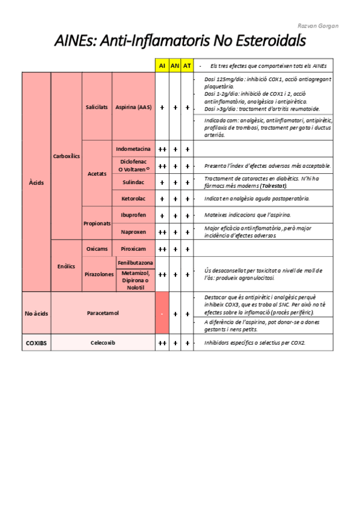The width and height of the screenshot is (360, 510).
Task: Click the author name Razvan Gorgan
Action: pos(318,26)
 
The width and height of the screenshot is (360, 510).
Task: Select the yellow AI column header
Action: pos(162,66)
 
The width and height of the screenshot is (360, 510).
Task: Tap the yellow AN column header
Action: pos(175,66)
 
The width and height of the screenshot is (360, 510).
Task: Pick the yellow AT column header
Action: pos(188,66)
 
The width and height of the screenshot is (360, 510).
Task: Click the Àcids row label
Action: pos(36,182)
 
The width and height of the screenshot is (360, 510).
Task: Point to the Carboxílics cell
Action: pos(66,156)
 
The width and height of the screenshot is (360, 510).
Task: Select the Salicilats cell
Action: pos(97,107)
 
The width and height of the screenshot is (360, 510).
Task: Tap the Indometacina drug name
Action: pos(133,149)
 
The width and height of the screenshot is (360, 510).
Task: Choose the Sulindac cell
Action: pos(133,182)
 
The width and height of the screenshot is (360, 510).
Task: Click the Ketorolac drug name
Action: pos(133,198)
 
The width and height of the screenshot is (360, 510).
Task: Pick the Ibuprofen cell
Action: pos(133,215)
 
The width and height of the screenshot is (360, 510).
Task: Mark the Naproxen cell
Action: pos(133,232)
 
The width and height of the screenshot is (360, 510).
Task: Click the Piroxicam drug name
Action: pos(133,248)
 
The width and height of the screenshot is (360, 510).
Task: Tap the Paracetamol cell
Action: pos(103,313)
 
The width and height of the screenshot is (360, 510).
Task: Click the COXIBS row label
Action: pos(36,343)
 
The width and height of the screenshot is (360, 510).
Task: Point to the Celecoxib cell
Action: pos(103,343)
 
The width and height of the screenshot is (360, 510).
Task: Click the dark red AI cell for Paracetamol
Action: pos(162,313)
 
